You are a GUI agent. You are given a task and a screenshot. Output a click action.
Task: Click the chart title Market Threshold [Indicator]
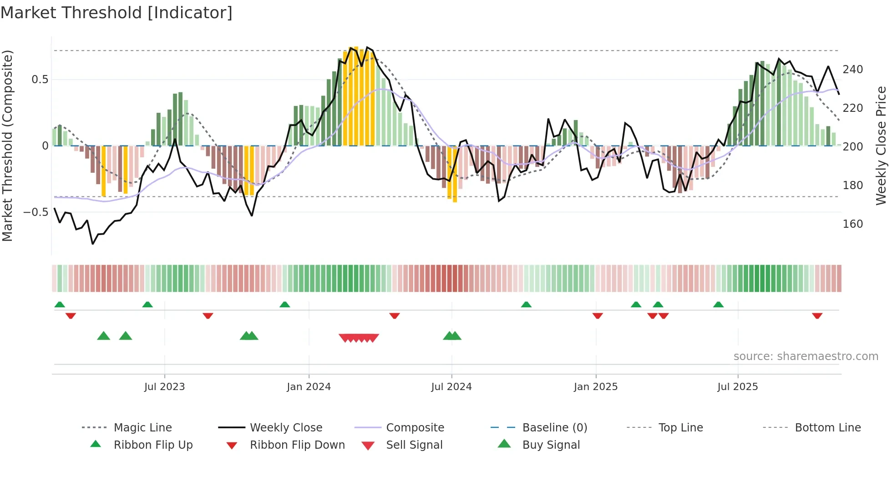tap(117, 13)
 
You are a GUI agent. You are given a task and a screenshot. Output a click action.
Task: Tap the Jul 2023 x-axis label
tap(164, 387)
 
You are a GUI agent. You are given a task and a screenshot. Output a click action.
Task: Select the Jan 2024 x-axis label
tap(309, 387)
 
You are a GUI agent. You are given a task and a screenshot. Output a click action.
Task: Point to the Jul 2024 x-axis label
tap(451, 387)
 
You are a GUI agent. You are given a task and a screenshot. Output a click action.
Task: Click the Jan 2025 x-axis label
tap(595, 387)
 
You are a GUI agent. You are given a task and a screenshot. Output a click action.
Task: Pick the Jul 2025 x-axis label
tap(737, 387)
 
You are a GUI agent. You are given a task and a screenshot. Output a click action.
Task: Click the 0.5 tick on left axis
tap(40, 80)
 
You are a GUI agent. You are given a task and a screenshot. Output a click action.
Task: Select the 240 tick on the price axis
tap(852, 70)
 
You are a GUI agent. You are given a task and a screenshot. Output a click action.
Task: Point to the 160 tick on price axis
tap(852, 224)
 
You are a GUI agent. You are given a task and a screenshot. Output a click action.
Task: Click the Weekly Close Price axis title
tap(881, 145)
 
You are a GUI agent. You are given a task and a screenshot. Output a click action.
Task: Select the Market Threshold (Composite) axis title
tap(7, 145)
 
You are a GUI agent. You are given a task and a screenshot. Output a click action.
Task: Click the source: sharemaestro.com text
tap(806, 356)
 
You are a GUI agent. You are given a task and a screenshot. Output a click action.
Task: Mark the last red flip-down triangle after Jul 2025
tap(817, 316)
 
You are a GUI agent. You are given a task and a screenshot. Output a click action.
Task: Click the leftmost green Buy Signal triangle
tap(104, 336)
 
